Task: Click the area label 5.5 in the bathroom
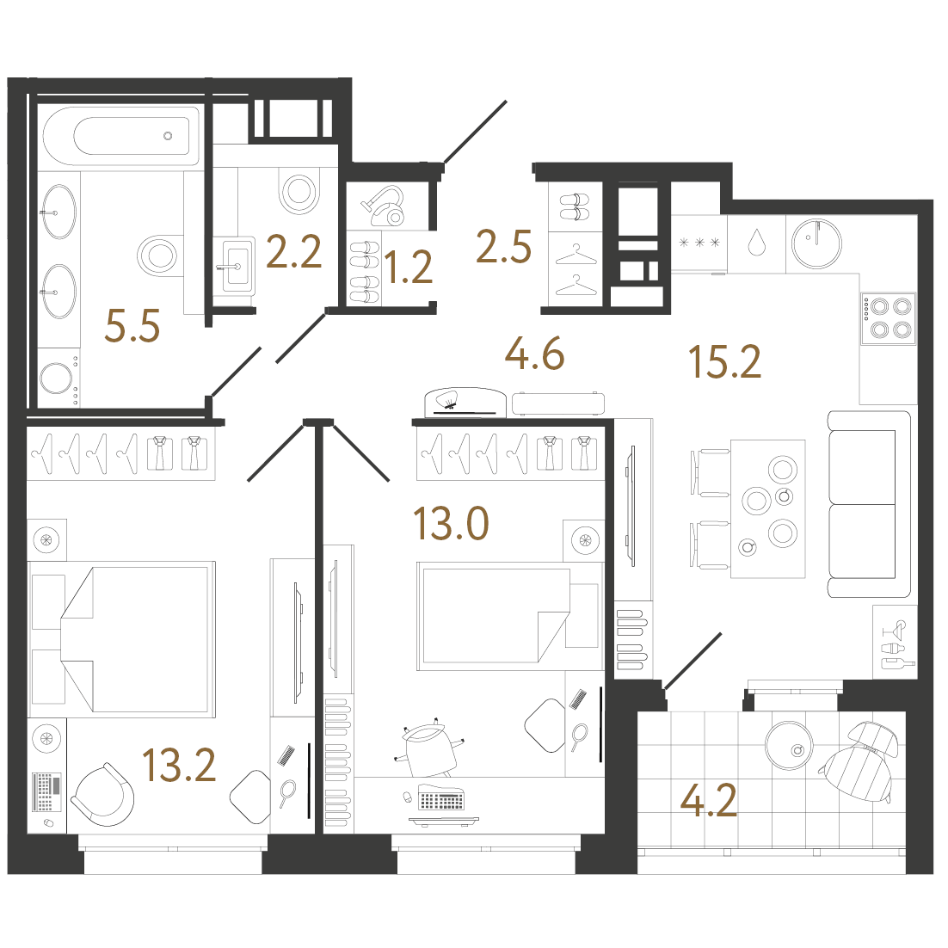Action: tap(132, 326)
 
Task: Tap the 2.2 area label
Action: tap(293, 252)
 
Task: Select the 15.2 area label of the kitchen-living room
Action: tap(724, 361)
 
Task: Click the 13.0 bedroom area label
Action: tap(451, 523)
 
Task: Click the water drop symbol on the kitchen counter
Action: tap(757, 242)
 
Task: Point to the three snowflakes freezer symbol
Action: tap(699, 243)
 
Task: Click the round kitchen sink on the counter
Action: tap(816, 243)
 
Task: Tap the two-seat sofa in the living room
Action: tap(868, 503)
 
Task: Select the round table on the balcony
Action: tap(789, 746)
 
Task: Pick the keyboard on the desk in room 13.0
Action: tap(440, 800)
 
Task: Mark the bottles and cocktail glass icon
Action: tap(895, 643)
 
